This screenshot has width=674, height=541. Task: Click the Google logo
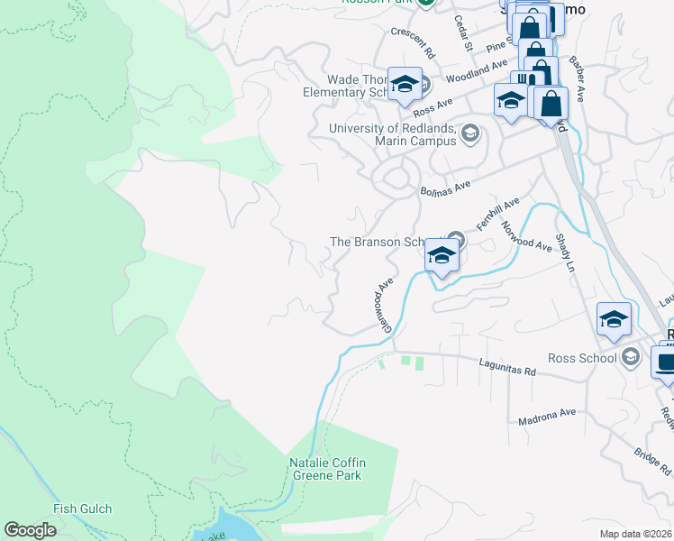(31, 530)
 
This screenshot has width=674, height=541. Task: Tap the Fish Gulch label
(83, 509)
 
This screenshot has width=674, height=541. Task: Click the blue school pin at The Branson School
(442, 255)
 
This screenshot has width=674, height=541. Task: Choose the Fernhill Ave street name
(499, 215)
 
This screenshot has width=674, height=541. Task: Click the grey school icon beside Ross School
(631, 358)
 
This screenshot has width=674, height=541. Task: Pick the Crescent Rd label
(414, 32)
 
